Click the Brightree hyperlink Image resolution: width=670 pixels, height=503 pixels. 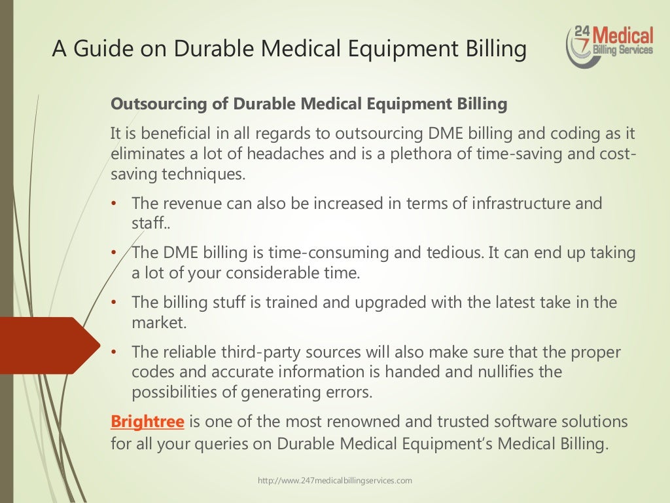[x=147, y=421]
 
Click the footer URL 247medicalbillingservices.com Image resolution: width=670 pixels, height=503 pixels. [x=335, y=481]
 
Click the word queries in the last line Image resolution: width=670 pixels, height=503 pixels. [x=246, y=443]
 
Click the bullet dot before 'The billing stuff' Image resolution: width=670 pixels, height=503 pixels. [x=113, y=303]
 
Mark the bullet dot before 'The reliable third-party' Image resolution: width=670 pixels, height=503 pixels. [x=113, y=352]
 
